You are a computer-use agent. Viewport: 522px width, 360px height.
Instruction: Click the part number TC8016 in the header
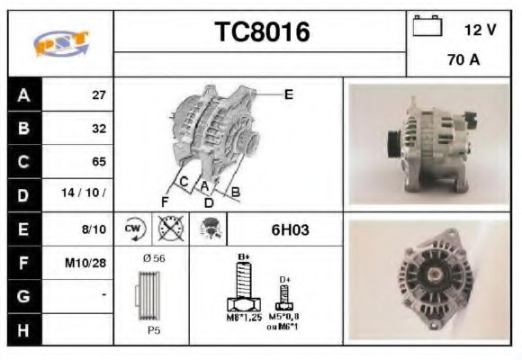[261, 32]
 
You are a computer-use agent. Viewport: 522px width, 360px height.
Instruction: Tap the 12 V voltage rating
[479, 30]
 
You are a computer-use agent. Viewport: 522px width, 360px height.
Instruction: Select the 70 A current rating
[463, 61]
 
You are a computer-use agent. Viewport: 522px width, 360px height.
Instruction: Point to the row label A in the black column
[22, 94]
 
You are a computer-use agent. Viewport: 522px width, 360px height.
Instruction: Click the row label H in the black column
[22, 329]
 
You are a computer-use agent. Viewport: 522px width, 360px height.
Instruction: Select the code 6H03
[290, 229]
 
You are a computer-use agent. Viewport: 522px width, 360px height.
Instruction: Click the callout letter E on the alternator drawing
[288, 93]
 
